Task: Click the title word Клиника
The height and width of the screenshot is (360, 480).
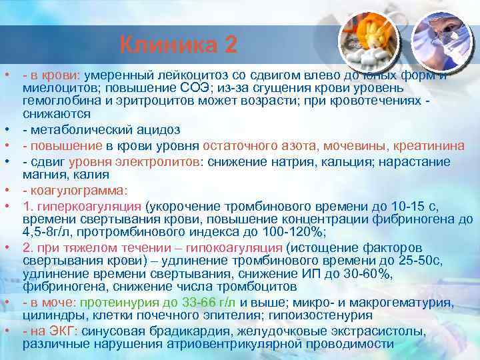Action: [x=169, y=45]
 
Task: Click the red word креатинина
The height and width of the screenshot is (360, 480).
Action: [x=404, y=145]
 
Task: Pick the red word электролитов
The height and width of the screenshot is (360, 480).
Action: [x=166, y=161]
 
